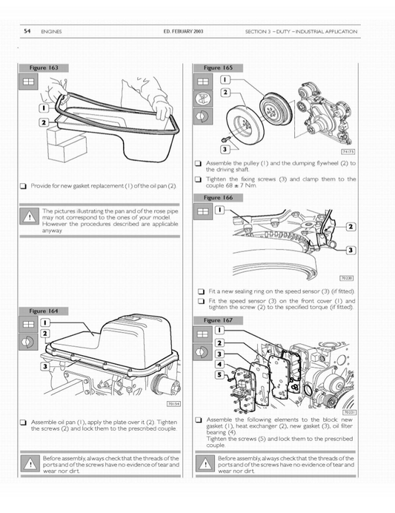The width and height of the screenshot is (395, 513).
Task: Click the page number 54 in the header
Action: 27,32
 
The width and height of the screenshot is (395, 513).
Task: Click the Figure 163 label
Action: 44,67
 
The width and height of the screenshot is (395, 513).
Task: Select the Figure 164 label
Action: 44,311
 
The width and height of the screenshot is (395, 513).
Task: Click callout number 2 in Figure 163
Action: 44,121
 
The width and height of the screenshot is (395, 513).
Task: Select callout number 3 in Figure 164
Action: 45,367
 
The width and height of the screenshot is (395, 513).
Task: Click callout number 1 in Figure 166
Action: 220,211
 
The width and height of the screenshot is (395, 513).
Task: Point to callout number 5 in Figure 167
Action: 220,374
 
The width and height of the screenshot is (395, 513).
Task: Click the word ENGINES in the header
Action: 53,32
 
